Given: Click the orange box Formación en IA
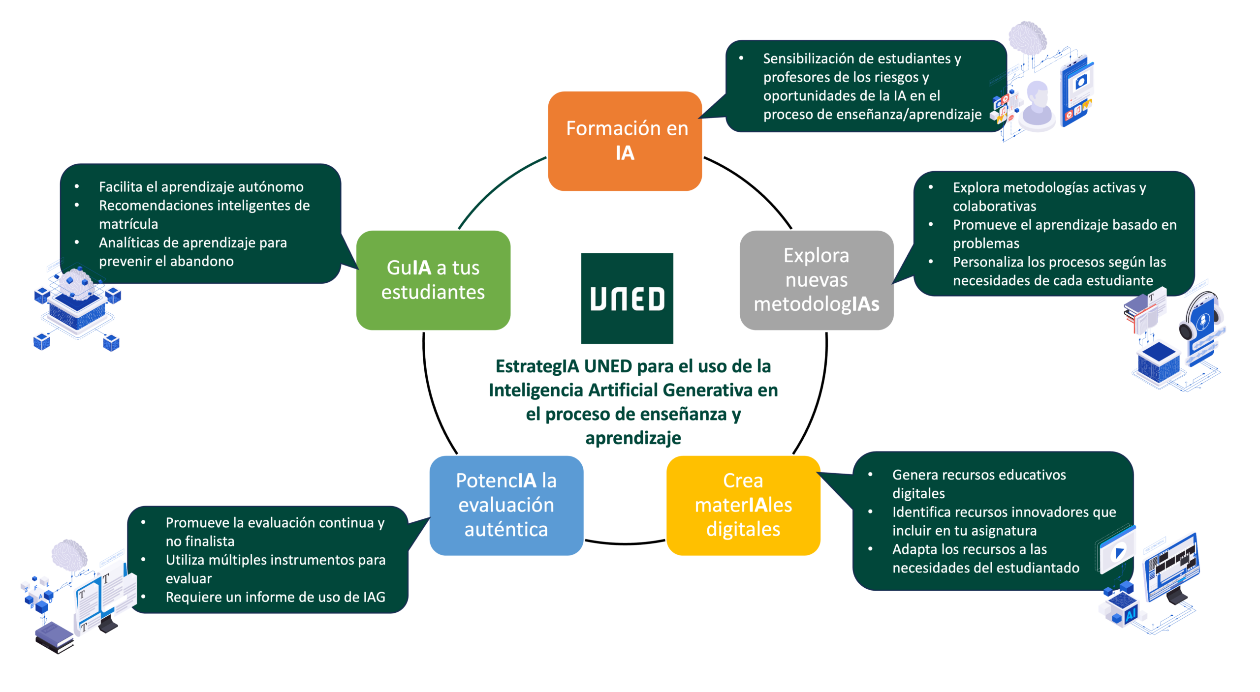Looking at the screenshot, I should click(625, 141).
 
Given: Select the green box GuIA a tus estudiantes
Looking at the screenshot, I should click(433, 280).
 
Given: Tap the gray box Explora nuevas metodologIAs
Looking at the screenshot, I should click(817, 280).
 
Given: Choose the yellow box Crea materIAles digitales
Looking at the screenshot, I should click(743, 505).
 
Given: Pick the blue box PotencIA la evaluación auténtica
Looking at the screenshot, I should click(506, 505).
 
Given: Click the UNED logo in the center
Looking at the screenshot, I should click(627, 298).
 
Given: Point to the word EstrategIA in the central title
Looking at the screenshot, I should click(537, 366).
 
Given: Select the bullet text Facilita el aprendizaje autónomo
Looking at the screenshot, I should click(201, 187).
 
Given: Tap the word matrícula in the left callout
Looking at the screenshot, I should click(128, 224).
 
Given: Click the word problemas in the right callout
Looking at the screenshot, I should click(986, 243).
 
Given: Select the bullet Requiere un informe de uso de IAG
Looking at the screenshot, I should click(275, 597).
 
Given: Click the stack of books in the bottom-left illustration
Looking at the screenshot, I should click(55, 637).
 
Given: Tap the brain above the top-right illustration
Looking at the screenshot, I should click(1027, 37).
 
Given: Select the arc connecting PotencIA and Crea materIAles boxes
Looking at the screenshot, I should click(625, 543).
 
